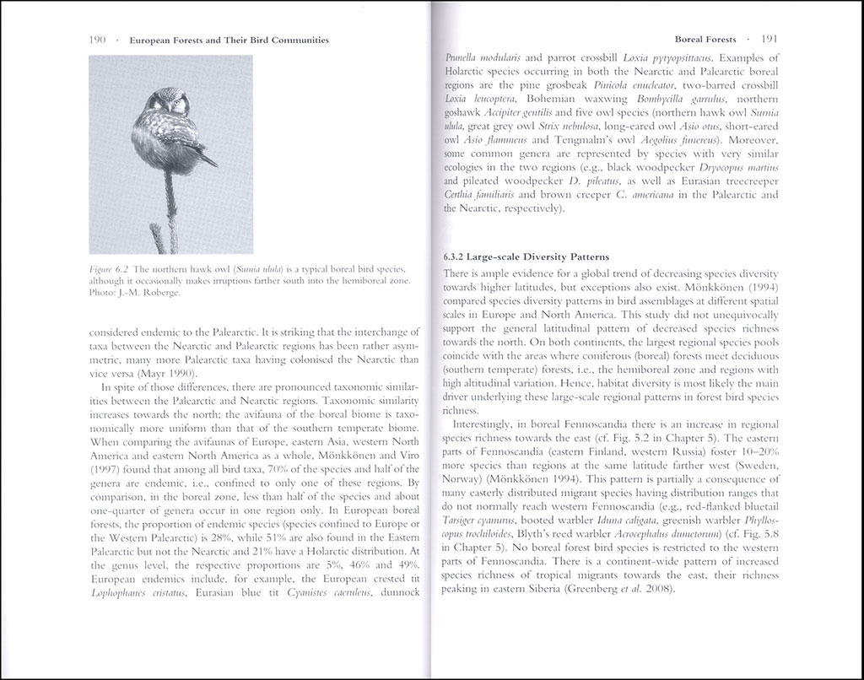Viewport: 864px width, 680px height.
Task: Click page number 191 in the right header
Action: tap(769, 40)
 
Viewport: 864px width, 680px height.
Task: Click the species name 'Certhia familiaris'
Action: tap(482, 195)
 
